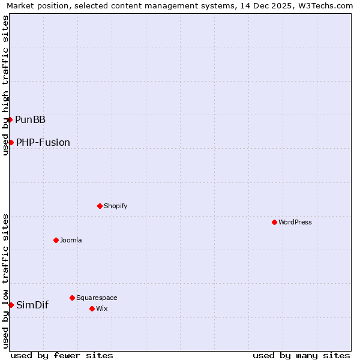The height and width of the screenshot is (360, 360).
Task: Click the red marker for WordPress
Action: (274, 222)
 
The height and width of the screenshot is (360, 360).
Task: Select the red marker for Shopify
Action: (100, 206)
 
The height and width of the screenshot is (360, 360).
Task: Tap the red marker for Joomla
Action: (56, 240)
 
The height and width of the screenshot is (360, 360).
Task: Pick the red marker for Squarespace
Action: (72, 298)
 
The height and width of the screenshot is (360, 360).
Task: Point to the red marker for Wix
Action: (92, 308)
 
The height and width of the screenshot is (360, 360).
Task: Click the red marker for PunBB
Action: (10, 119)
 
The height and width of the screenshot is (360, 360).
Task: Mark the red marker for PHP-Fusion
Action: (11, 142)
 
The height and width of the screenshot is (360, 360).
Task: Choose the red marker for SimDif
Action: (11, 305)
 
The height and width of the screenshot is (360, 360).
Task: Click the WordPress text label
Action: (295, 222)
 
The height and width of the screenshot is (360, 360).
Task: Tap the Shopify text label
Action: (116, 206)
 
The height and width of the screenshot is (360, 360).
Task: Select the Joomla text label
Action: (71, 240)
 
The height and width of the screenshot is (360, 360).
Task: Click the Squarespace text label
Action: (97, 298)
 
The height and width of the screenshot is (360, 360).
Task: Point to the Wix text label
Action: (101, 308)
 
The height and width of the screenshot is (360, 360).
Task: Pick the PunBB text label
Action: (30, 119)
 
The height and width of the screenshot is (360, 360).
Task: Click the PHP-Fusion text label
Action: (43, 142)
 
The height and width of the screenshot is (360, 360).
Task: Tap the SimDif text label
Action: (32, 305)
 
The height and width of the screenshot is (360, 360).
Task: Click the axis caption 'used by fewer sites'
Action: (62, 355)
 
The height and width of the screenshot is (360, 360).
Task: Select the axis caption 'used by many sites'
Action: (301, 355)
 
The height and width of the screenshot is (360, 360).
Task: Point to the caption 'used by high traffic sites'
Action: (5, 85)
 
